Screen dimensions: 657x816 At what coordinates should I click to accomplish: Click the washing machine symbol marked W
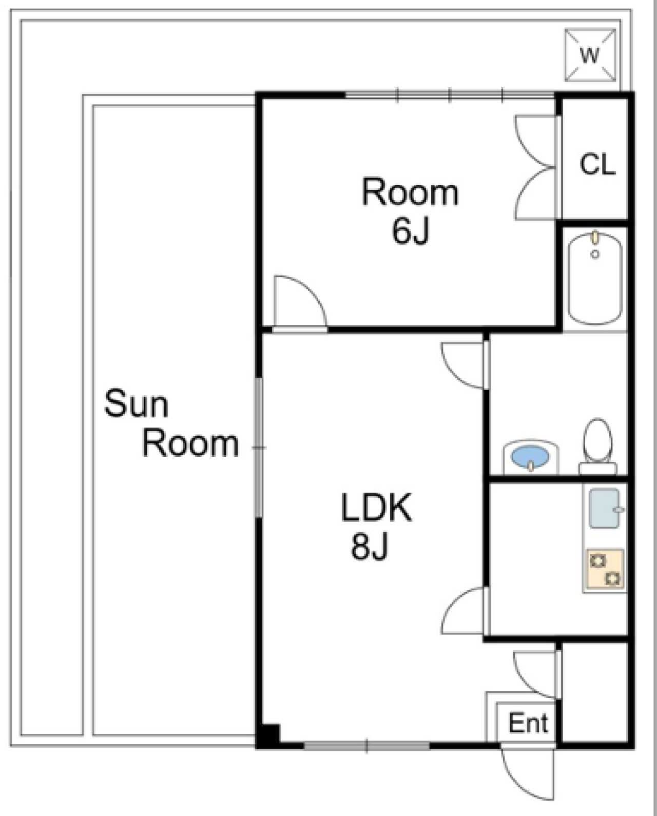(590, 55)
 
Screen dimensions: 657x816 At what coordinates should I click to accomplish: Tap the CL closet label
(597, 165)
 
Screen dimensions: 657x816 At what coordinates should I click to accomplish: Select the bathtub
(595, 279)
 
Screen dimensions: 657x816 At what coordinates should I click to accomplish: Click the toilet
(597, 446)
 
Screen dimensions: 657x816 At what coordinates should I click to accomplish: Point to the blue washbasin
(530, 457)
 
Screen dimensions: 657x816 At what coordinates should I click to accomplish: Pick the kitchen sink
(604, 509)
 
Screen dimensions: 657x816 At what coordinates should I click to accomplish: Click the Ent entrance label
(528, 724)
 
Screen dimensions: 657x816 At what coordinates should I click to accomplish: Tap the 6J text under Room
(411, 231)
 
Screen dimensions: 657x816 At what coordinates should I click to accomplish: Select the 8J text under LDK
(369, 548)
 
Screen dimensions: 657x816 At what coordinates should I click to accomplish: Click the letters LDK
(376, 508)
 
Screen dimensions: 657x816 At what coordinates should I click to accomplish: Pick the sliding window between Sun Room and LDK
(258, 448)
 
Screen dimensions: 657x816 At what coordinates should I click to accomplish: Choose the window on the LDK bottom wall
(367, 746)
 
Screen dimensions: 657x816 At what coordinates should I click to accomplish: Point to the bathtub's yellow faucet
(595, 237)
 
